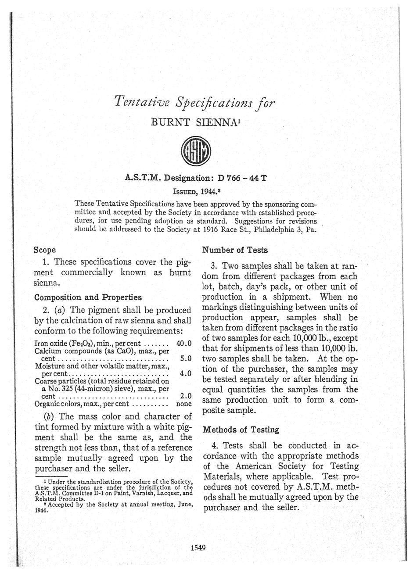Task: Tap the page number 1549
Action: point(199,547)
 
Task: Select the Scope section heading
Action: point(45,250)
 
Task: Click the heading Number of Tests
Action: point(234,250)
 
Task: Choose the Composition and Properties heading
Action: point(88,297)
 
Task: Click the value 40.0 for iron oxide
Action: point(184,343)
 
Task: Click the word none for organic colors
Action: point(184,404)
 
